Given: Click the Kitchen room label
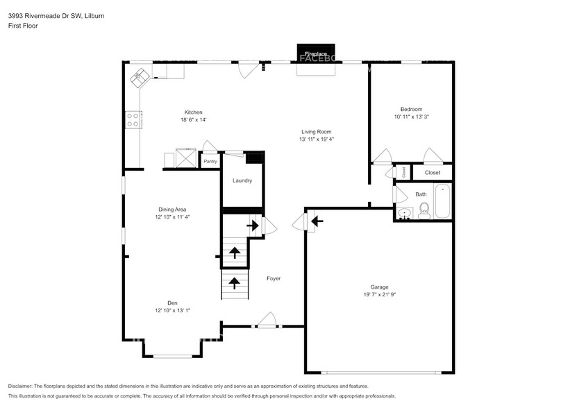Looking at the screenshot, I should coord(193,112).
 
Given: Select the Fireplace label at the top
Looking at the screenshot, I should coord(316,53).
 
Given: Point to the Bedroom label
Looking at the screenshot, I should coord(411,109).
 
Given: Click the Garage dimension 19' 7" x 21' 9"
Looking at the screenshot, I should coord(379,294).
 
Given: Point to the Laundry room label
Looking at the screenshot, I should coord(242,180).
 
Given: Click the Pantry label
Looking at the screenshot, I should coord(210,162).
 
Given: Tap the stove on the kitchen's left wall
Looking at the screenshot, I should coord(133,120).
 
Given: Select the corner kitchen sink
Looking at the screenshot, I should coord(141,76).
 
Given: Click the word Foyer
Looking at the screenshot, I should coord(274,278).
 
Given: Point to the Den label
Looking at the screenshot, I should coord(172,302).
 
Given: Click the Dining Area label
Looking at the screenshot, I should coord(172,209).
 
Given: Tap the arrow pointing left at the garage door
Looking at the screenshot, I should coord(317,221).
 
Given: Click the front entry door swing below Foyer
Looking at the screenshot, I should coord(267,319).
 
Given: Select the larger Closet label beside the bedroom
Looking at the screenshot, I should coord(433,172).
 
